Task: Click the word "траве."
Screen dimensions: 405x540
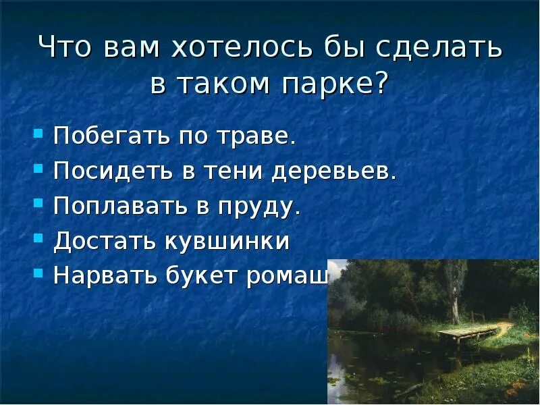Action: click(259, 136)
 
